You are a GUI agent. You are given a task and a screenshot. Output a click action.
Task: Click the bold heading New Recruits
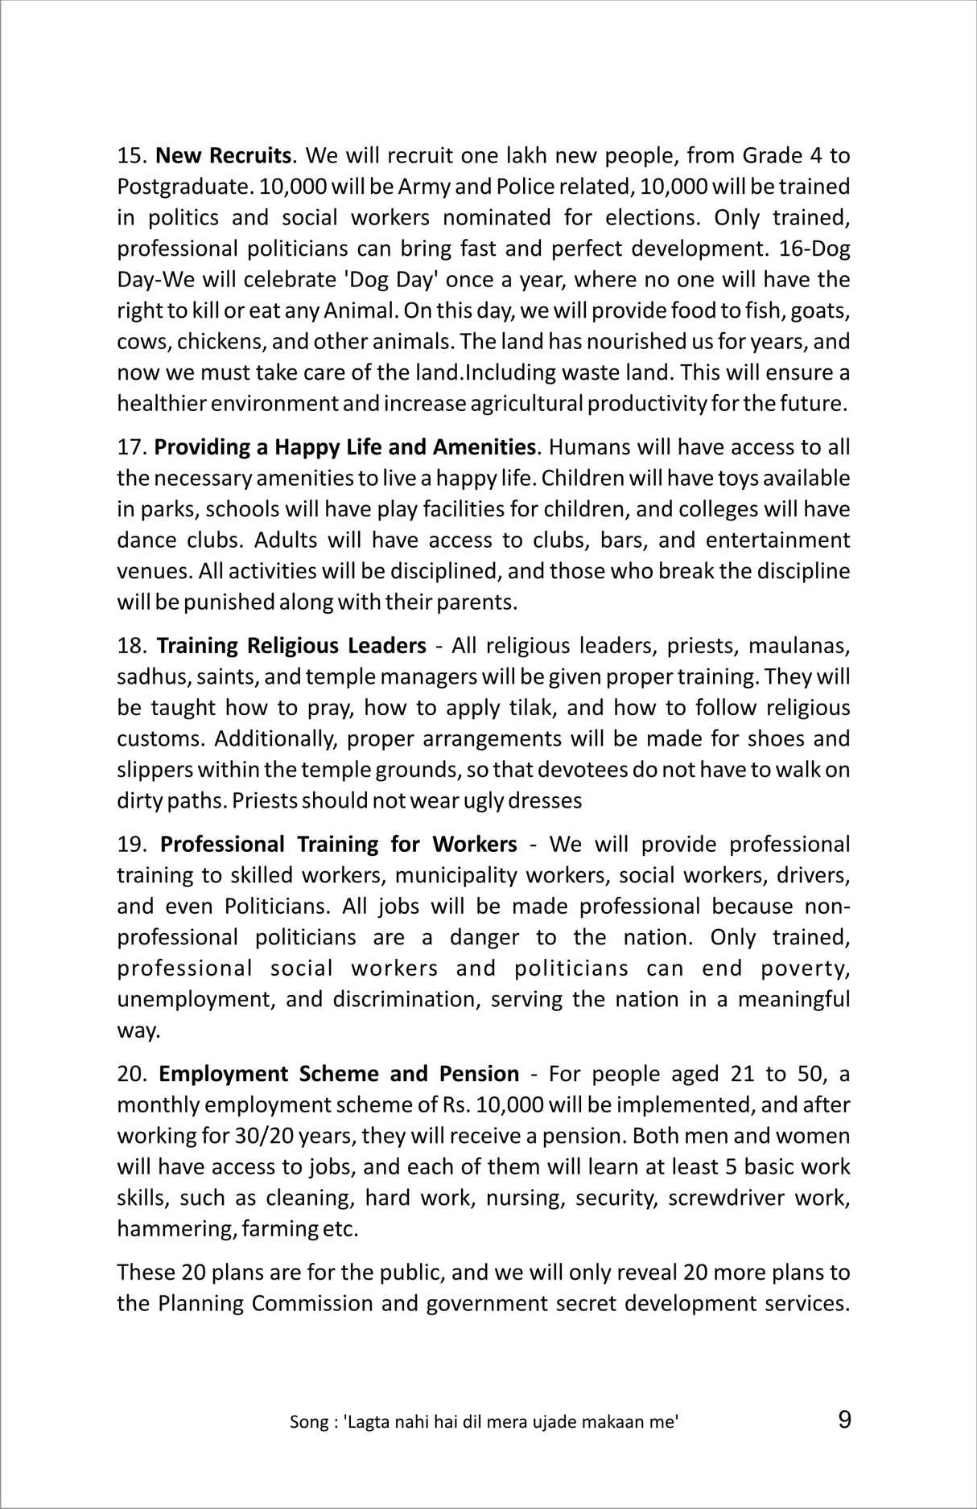click(x=223, y=154)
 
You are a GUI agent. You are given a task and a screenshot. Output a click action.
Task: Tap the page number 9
click(x=844, y=1420)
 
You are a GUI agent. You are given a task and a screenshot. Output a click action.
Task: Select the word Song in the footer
click(x=306, y=1422)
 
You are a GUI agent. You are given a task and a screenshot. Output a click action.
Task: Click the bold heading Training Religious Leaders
click(x=291, y=646)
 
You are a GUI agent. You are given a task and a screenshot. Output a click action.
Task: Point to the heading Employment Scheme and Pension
click(x=339, y=1074)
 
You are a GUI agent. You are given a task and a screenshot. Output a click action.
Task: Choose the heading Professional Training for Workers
click(x=339, y=844)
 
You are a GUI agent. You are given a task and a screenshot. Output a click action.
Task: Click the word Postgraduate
click(x=176, y=187)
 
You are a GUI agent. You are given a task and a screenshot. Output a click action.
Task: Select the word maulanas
click(x=799, y=646)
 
